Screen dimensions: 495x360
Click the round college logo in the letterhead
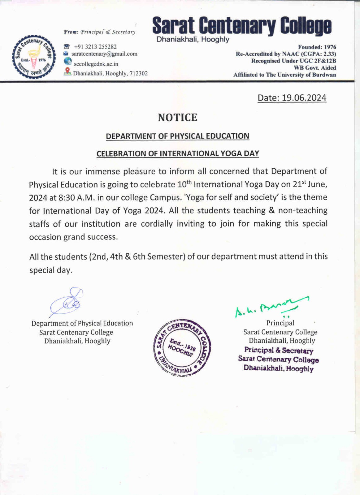coord(34,58)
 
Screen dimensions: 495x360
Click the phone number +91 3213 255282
coord(95,47)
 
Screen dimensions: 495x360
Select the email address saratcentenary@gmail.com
coord(104,54)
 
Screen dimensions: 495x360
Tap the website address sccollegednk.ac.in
coord(96,64)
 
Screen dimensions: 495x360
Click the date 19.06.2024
coord(304,98)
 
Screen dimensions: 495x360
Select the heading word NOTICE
coord(177,118)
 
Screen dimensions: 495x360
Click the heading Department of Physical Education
coord(177,136)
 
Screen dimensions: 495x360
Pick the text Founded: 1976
coord(317,47)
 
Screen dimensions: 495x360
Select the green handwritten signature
coord(271,306)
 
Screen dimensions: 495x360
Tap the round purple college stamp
coord(182,347)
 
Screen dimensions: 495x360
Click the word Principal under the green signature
coord(280,323)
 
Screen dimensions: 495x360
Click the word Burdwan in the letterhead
coord(324,75)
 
